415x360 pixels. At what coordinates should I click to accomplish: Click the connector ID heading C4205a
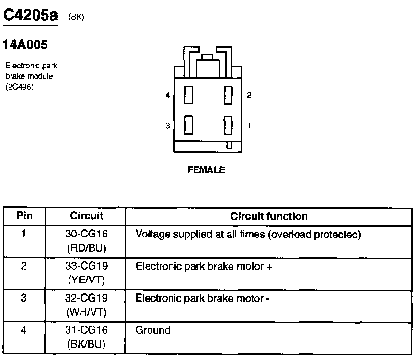[30, 15]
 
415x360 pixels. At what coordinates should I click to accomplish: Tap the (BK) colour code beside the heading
[76, 17]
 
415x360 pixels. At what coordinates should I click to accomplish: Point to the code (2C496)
[20, 87]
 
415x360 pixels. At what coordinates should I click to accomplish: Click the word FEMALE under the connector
[206, 170]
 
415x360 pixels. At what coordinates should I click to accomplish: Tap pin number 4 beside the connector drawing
[168, 95]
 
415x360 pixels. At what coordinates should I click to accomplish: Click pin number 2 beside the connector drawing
[249, 95]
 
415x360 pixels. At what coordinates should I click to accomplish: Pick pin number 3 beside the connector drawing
[168, 126]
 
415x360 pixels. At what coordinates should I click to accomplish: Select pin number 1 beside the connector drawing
[249, 125]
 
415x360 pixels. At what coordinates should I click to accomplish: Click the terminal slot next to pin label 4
[189, 95]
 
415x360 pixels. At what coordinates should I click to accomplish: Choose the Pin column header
[24, 216]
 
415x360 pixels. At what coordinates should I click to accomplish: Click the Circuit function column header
[269, 216]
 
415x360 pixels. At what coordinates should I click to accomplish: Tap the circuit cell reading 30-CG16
[86, 235]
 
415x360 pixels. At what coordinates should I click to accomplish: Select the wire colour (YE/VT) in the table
[86, 280]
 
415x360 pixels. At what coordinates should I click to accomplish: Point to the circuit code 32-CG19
[86, 298]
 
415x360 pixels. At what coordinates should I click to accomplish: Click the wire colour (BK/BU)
[86, 344]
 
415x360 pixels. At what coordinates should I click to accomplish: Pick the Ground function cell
[153, 330]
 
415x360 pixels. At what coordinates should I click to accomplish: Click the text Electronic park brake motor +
[204, 267]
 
